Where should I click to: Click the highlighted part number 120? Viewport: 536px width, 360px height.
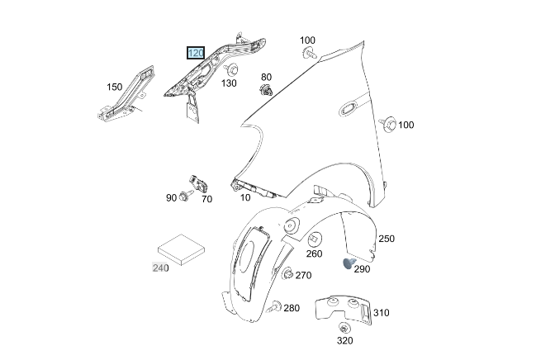[196, 53]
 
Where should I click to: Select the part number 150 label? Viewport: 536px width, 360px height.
[114, 87]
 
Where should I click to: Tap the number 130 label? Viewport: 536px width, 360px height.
[228, 83]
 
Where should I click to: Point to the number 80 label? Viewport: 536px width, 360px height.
[266, 77]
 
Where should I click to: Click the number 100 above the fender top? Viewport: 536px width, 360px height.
[307, 40]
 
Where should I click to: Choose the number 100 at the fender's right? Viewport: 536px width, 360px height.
[406, 125]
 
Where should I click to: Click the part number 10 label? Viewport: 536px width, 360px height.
[245, 197]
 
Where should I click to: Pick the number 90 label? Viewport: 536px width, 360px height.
[171, 198]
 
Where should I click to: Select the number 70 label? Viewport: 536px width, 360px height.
[206, 199]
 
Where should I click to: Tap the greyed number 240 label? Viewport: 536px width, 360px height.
[160, 268]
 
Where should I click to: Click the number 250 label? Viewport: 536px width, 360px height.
[387, 239]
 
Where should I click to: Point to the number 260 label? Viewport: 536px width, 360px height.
[315, 253]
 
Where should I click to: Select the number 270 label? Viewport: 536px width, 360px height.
[303, 276]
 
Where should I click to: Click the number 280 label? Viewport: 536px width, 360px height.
[292, 308]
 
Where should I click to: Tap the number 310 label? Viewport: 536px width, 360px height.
[382, 313]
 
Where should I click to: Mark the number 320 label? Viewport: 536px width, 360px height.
[344, 340]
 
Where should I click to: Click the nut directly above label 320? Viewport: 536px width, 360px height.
[344, 328]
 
